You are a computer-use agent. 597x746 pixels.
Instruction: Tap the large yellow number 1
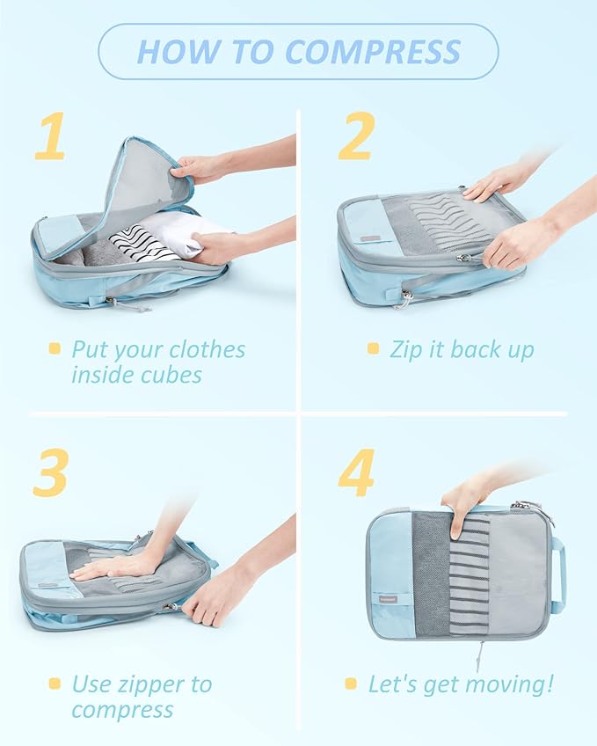click(x=49, y=137)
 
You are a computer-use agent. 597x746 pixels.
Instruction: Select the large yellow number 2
click(x=356, y=137)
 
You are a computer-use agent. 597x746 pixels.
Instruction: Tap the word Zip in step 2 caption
click(x=406, y=349)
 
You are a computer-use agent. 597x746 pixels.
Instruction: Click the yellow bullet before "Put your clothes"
click(x=55, y=349)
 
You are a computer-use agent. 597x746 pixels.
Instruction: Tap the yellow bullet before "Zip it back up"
click(x=373, y=349)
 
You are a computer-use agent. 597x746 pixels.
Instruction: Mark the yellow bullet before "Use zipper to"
click(x=55, y=684)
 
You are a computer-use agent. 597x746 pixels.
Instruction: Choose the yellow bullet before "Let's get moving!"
click(x=350, y=684)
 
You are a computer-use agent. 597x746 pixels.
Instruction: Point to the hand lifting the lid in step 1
click(x=198, y=166)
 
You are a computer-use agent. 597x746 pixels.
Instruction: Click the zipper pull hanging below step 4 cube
click(x=480, y=655)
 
